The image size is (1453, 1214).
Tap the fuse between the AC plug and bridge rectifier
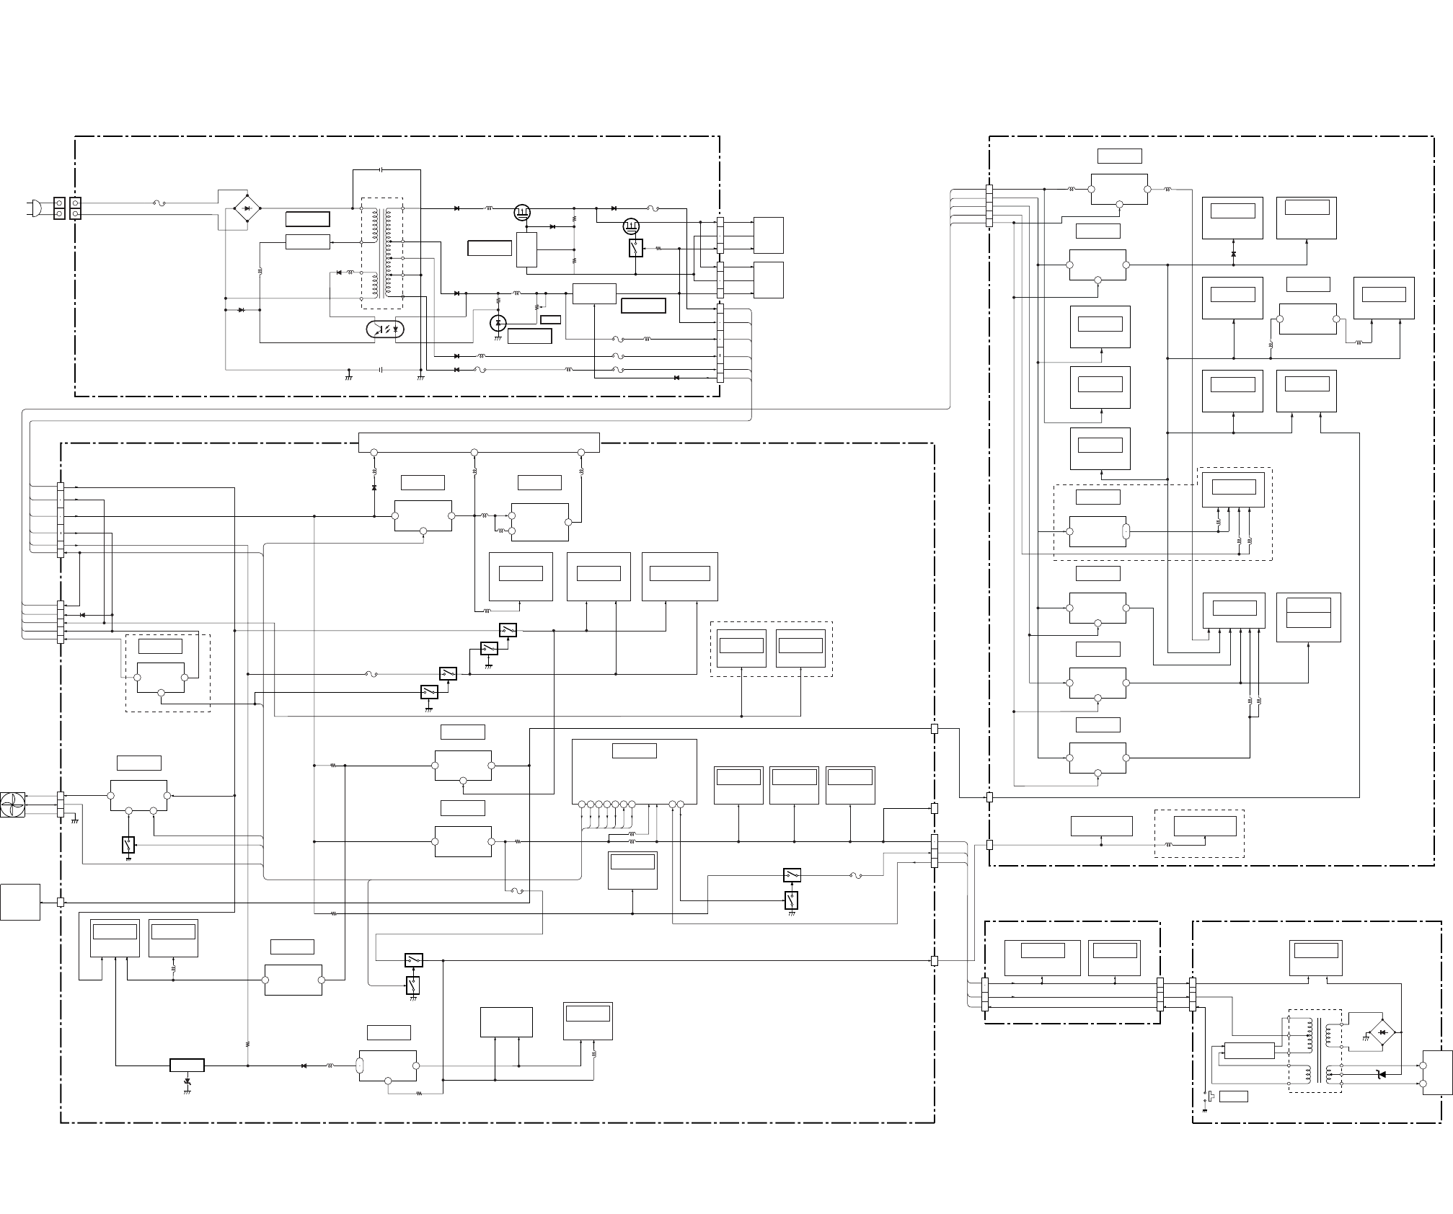(160, 204)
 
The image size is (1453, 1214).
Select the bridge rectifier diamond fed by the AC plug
(247, 208)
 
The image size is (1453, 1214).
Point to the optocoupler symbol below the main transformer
(385, 329)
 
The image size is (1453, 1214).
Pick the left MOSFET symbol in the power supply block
(522, 212)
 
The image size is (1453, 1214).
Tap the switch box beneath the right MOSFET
(635, 248)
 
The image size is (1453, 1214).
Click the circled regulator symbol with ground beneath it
(498, 323)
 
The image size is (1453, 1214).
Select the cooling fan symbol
(13, 805)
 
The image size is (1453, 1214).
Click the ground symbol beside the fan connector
(74, 820)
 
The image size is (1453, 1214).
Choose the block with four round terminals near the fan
(138, 796)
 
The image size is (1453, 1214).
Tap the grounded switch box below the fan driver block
(128, 845)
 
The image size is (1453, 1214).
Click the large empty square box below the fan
(20, 902)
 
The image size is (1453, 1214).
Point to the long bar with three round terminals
(479, 443)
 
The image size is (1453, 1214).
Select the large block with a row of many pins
(634, 771)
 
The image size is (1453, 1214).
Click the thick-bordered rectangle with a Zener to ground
(187, 1065)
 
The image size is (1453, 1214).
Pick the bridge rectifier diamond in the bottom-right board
(1382, 1033)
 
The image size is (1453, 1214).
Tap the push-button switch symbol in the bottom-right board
(1211, 1096)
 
